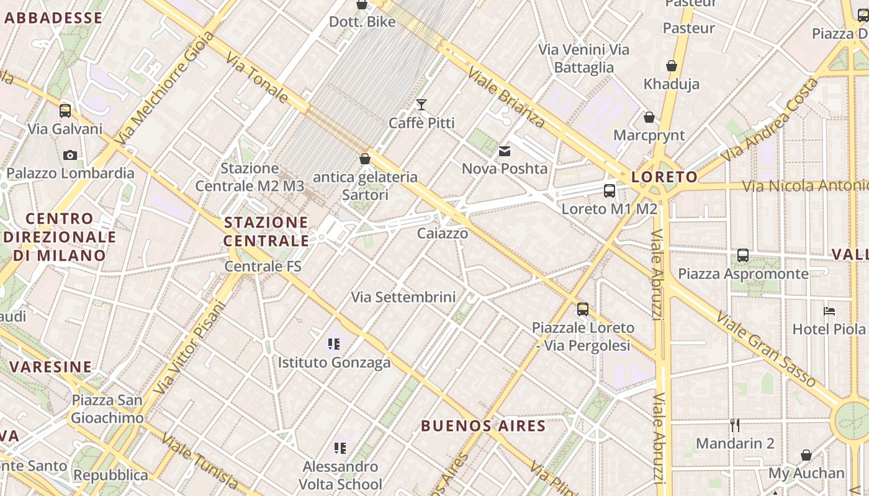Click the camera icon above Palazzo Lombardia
click(x=70, y=155)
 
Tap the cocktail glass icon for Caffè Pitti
click(x=421, y=104)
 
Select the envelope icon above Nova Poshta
click(x=505, y=151)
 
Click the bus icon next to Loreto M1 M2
click(x=610, y=191)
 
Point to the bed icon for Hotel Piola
click(x=829, y=311)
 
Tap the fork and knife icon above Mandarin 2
click(x=735, y=425)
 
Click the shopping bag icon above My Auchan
click(x=806, y=456)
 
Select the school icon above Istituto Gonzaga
click(x=334, y=343)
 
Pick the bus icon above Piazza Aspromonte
click(x=743, y=255)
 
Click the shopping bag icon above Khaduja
click(x=671, y=66)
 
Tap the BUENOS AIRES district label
click(x=483, y=426)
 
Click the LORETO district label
click(x=664, y=177)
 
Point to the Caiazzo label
click(x=443, y=234)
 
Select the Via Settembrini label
click(x=403, y=297)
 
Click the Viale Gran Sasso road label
click(x=764, y=348)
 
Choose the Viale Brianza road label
click(x=506, y=97)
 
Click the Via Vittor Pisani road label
click(x=189, y=348)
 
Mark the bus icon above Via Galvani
click(x=65, y=111)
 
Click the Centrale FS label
click(x=263, y=267)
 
